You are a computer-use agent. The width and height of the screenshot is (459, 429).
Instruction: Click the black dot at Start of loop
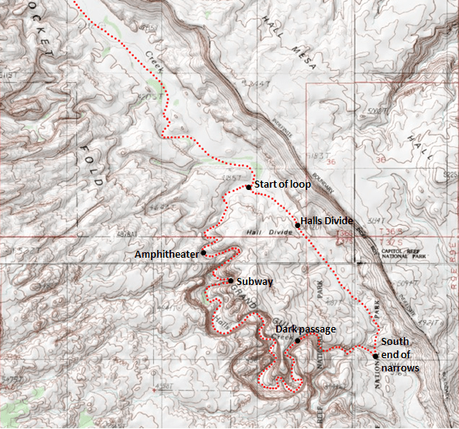click(248, 187)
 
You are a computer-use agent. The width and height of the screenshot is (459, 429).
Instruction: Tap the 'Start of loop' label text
click(282, 185)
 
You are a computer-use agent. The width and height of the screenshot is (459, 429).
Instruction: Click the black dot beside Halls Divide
click(297, 226)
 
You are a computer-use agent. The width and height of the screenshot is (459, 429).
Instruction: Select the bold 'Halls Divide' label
click(328, 221)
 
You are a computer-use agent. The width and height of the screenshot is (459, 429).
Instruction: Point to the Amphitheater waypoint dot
click(203, 252)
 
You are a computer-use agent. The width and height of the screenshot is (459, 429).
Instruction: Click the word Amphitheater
click(166, 255)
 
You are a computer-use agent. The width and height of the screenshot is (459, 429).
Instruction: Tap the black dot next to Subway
click(231, 280)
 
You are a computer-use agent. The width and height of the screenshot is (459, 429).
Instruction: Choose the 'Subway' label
click(255, 282)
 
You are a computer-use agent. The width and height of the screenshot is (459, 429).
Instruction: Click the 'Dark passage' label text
click(306, 329)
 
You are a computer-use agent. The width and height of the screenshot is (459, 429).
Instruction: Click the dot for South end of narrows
click(375, 356)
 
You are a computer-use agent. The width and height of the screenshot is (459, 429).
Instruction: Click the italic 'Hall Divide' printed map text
click(240, 231)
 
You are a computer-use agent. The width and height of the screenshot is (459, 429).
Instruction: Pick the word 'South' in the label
click(394, 342)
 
